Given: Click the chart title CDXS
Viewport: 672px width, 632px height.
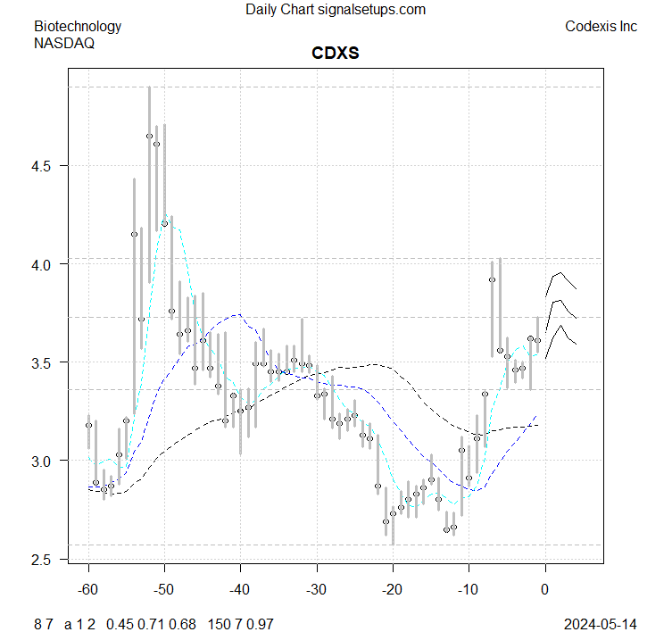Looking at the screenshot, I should [335, 54].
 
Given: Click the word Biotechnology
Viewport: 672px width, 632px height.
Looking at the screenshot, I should [78, 26].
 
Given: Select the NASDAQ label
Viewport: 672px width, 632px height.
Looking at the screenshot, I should [64, 42].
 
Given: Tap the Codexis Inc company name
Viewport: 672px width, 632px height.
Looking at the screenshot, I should [601, 26].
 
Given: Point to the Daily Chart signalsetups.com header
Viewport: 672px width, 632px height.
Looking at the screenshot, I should [335, 10].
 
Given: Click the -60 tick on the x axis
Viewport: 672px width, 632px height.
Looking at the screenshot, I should [88, 590].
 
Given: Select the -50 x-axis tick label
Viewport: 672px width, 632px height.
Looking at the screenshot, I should [164, 590].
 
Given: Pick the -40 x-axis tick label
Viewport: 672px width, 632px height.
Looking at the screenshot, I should [240, 590].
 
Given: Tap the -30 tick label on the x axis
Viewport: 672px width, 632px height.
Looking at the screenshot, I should [316, 590].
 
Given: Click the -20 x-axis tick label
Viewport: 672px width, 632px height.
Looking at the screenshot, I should [392, 590].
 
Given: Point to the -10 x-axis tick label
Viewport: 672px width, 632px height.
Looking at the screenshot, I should [468, 590].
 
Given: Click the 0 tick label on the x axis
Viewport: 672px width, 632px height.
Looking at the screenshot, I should [545, 590].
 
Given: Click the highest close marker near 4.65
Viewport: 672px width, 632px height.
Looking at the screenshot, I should [149, 136].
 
